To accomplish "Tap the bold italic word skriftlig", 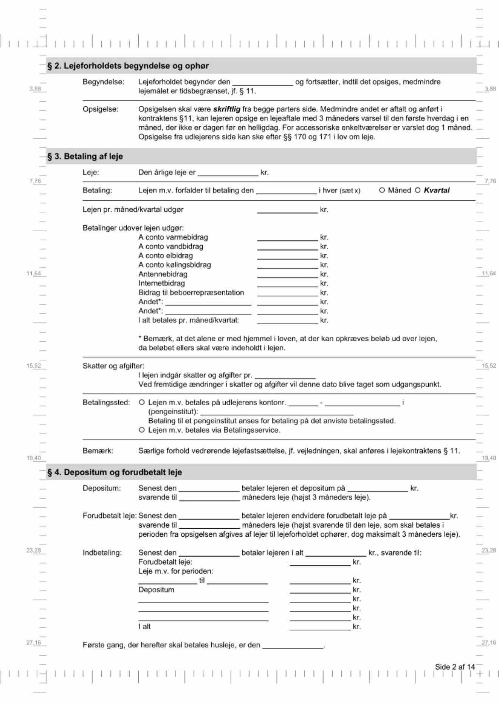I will [226, 109].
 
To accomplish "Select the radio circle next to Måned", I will [382, 190].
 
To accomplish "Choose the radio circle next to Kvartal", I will [418, 190].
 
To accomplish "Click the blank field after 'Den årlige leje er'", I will [228, 173].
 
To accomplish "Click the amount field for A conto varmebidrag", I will [287, 237].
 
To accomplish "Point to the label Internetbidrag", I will [161, 283].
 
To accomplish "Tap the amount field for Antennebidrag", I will [287, 274].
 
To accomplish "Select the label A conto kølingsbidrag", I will [175, 265].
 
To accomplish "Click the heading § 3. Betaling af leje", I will [85, 156].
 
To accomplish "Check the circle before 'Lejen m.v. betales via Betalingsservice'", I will [142, 430].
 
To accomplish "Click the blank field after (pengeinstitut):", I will [277, 412].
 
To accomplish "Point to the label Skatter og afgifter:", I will [113, 366].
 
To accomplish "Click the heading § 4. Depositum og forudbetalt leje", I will [115, 472].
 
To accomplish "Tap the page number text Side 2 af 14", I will [454, 667].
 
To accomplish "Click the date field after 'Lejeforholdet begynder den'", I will [263, 82].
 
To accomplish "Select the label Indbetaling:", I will [102, 553].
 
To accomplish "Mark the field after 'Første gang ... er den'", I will [293, 645].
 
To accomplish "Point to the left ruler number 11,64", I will [34, 273].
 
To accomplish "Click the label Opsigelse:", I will [101, 109].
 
